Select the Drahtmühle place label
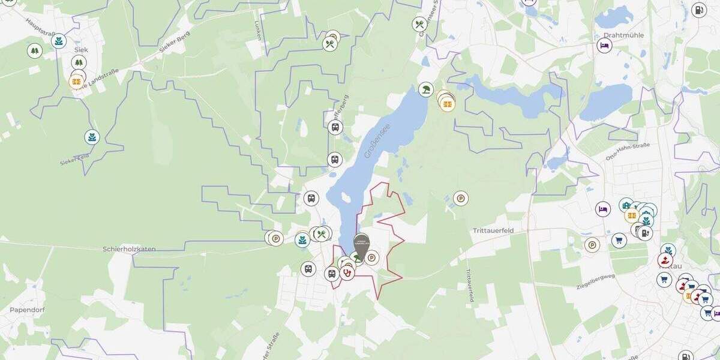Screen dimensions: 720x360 tap(623, 35)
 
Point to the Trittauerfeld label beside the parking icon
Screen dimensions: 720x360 tap(493, 230)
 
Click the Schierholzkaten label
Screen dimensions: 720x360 tap(129, 248)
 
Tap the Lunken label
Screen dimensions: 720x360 tap(259, 30)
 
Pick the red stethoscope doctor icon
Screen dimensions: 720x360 tap(347, 273)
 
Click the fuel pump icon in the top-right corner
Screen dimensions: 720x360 tap(698, 10)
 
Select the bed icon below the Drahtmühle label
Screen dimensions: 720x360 tap(604, 46)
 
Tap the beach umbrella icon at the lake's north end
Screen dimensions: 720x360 tap(426, 89)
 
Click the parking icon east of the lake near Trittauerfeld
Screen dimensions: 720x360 tap(460, 198)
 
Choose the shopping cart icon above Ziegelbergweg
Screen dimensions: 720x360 tap(619, 241)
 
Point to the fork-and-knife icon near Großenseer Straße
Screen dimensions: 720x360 tap(419, 25)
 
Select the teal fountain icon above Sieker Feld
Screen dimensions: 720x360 tap(91, 137)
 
